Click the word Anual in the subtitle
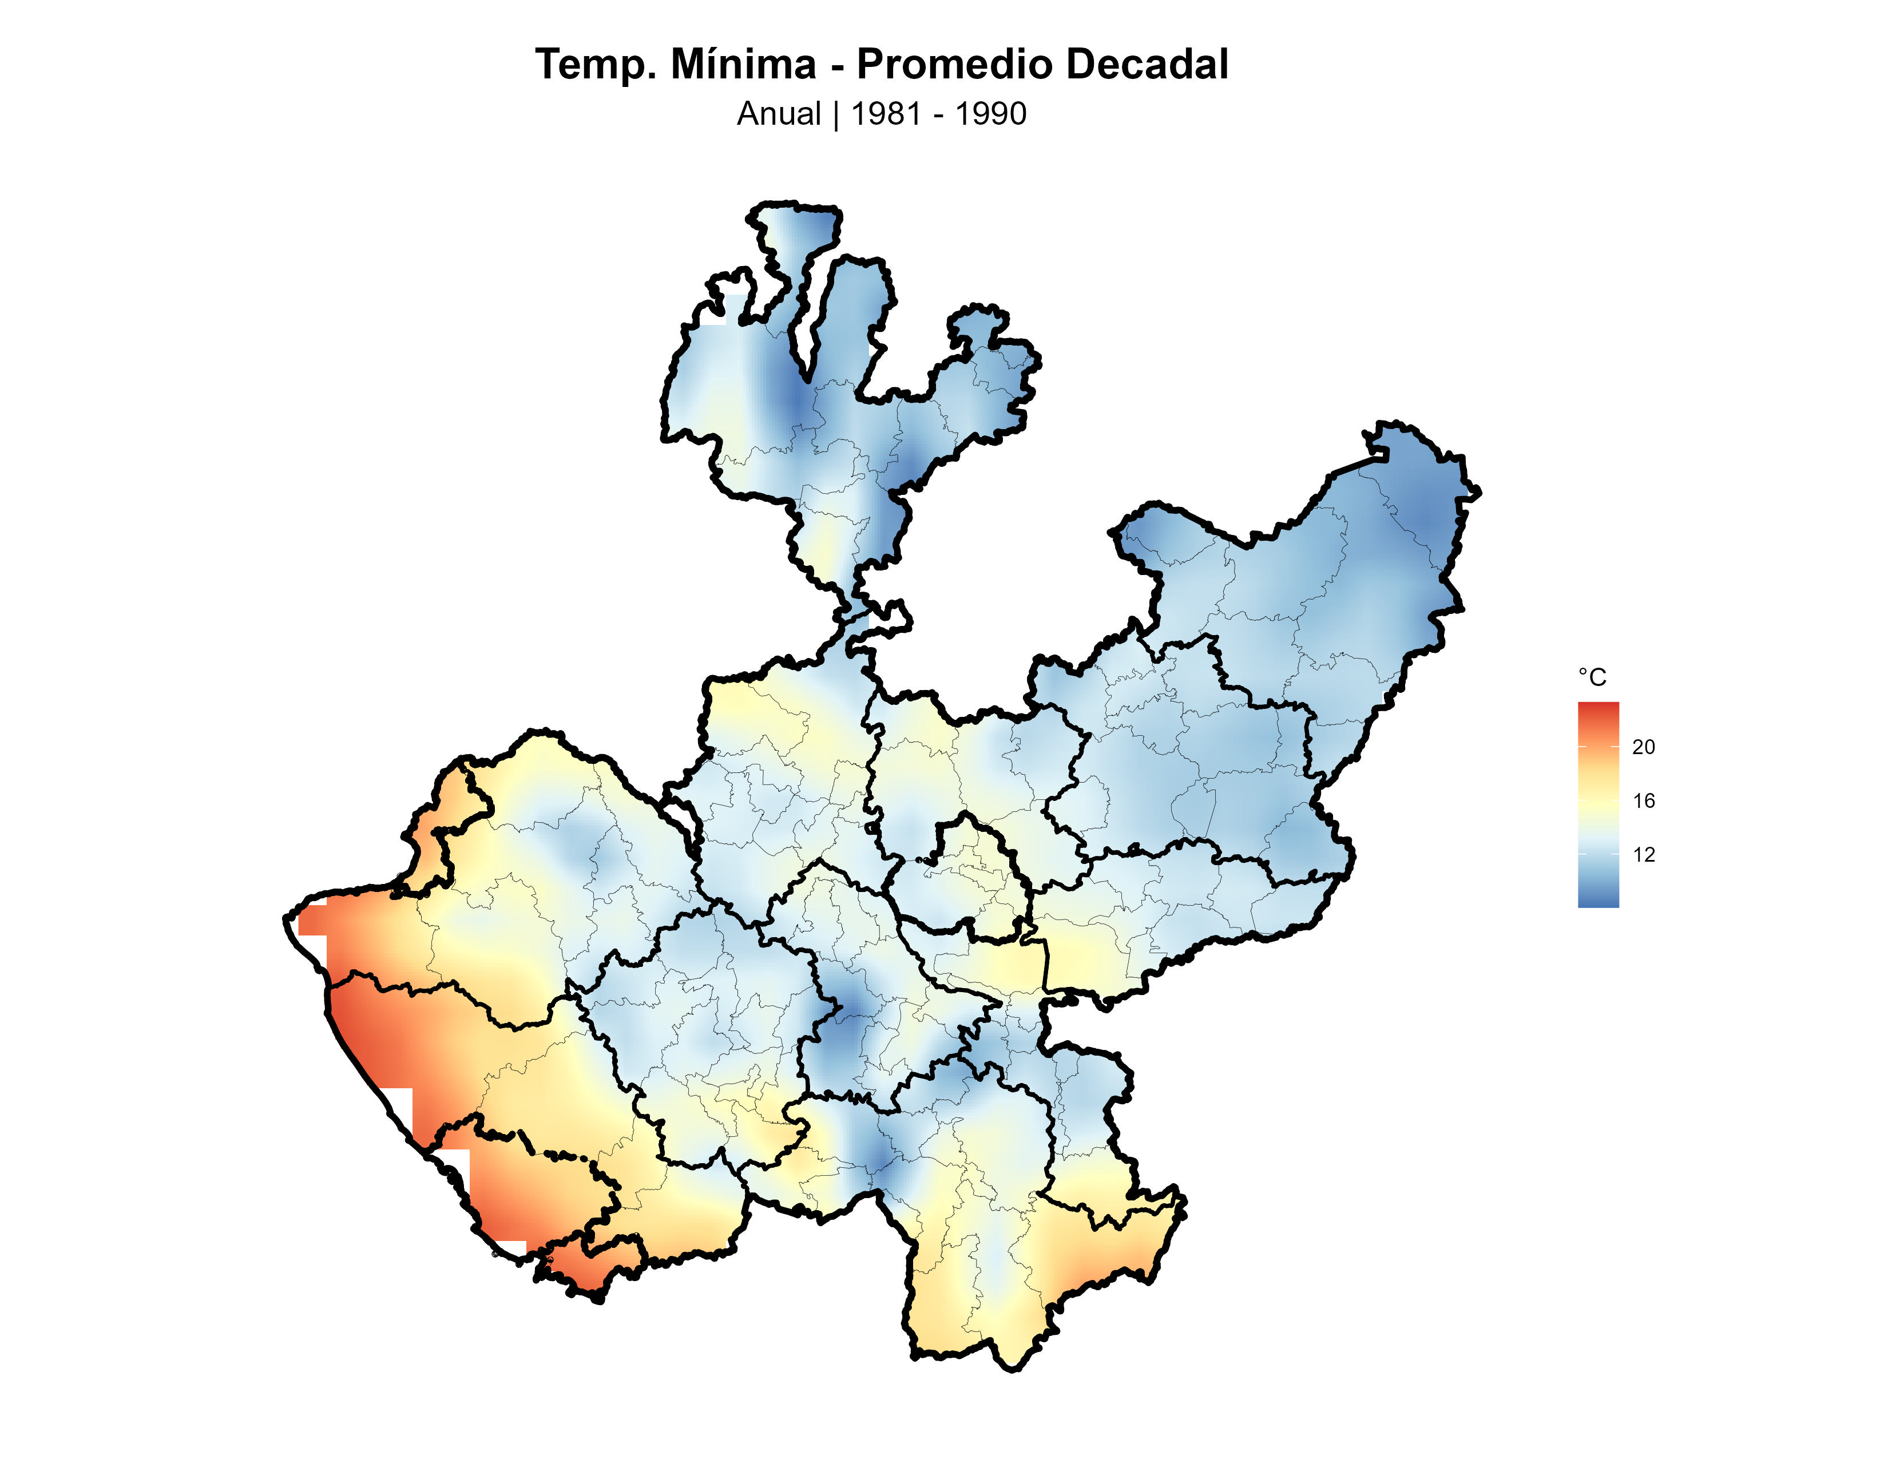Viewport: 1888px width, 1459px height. click(778, 114)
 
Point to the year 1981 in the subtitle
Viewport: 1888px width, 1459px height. click(886, 114)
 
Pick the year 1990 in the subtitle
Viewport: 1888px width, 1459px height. click(991, 114)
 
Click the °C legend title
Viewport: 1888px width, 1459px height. click(1592, 677)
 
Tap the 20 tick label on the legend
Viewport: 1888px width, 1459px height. click(1643, 747)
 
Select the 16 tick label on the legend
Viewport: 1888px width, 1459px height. click(1643, 801)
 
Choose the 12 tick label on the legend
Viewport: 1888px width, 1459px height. click(1643, 855)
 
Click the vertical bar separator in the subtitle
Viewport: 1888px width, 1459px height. click(836, 114)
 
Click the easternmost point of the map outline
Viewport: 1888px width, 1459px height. click(1479, 492)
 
